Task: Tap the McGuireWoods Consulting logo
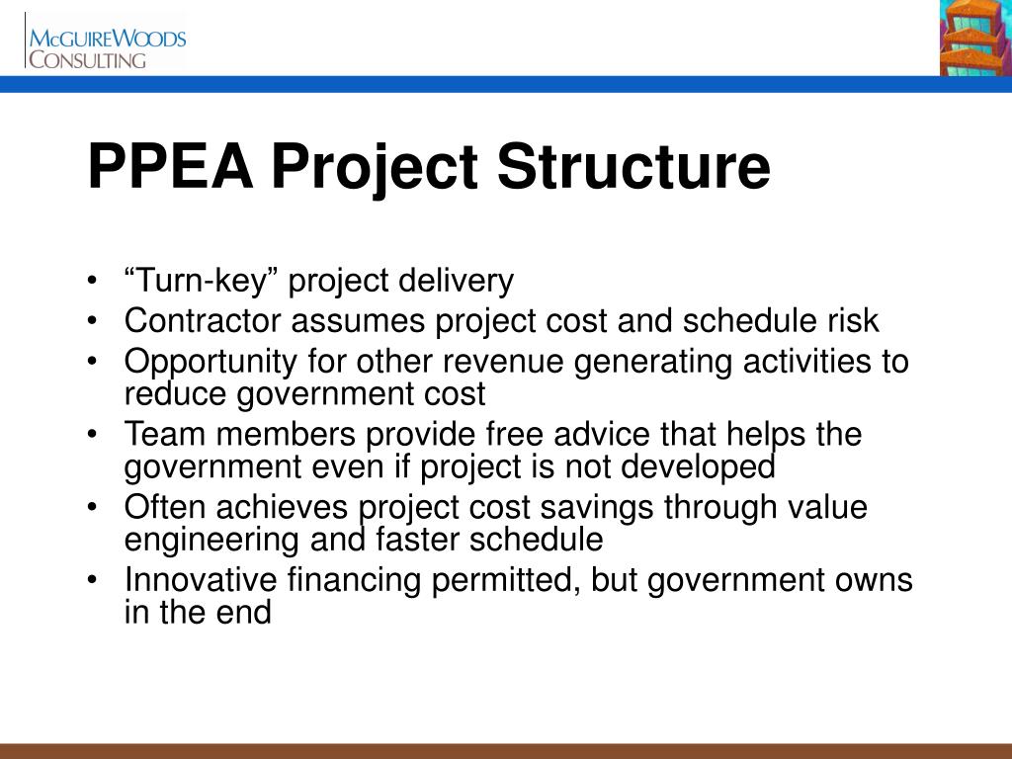[x=107, y=45]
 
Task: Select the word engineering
[x=205, y=540]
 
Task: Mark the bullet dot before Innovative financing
[x=92, y=580]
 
